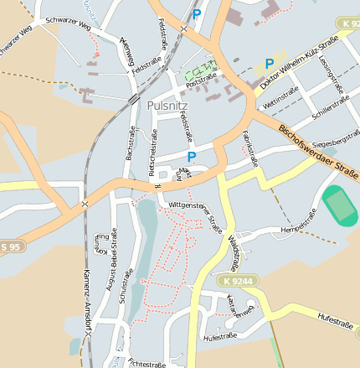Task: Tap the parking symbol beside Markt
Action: (192, 157)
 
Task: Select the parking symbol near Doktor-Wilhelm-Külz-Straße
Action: (269, 64)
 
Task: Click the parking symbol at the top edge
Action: (196, 14)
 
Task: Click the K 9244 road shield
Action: (238, 281)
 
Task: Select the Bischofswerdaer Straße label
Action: (318, 151)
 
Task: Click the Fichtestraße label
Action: (147, 363)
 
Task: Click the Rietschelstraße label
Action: (153, 155)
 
